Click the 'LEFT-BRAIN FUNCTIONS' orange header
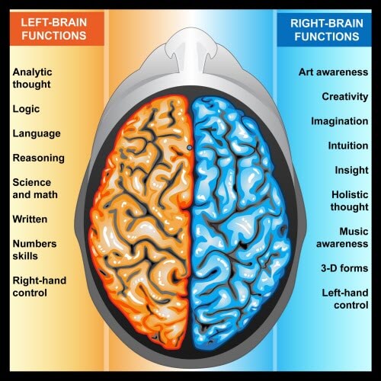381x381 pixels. (57, 28)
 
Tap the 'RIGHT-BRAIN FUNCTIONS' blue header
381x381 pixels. (324, 30)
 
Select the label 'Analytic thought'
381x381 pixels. (32, 78)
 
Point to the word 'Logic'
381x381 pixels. (26, 109)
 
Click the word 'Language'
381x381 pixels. (37, 134)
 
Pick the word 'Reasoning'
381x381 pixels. (39, 158)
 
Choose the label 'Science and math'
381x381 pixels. (35, 188)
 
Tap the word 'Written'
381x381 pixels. (30, 219)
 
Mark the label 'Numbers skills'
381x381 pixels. (34, 250)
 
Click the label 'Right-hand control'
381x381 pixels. (40, 287)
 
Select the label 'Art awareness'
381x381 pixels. (333, 72)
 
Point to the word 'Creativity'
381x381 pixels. (345, 97)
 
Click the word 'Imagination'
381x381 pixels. (340, 121)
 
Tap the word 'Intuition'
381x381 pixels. (348, 146)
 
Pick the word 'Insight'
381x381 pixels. (351, 171)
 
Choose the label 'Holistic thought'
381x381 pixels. (350, 200)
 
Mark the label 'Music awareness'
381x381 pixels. (342, 238)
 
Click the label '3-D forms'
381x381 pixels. (344, 268)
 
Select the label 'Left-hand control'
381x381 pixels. (345, 299)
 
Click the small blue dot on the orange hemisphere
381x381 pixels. (189, 147)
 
